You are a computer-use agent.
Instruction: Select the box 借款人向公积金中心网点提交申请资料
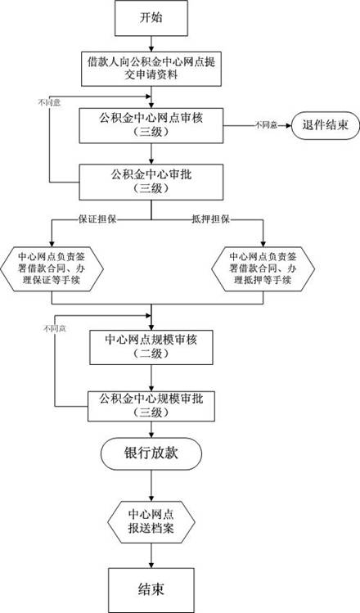[152, 68]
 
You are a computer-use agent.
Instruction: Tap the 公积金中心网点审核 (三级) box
[152, 124]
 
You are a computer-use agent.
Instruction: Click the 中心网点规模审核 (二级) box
[152, 347]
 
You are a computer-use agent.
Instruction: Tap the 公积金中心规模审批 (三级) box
[152, 404]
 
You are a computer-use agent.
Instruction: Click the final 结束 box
[152, 588]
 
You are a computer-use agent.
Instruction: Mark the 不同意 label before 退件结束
[265, 124]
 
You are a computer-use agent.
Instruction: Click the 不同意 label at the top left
[47, 103]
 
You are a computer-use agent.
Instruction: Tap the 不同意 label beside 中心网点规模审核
[53, 328]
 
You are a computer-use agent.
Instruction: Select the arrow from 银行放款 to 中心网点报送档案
[152, 487]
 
